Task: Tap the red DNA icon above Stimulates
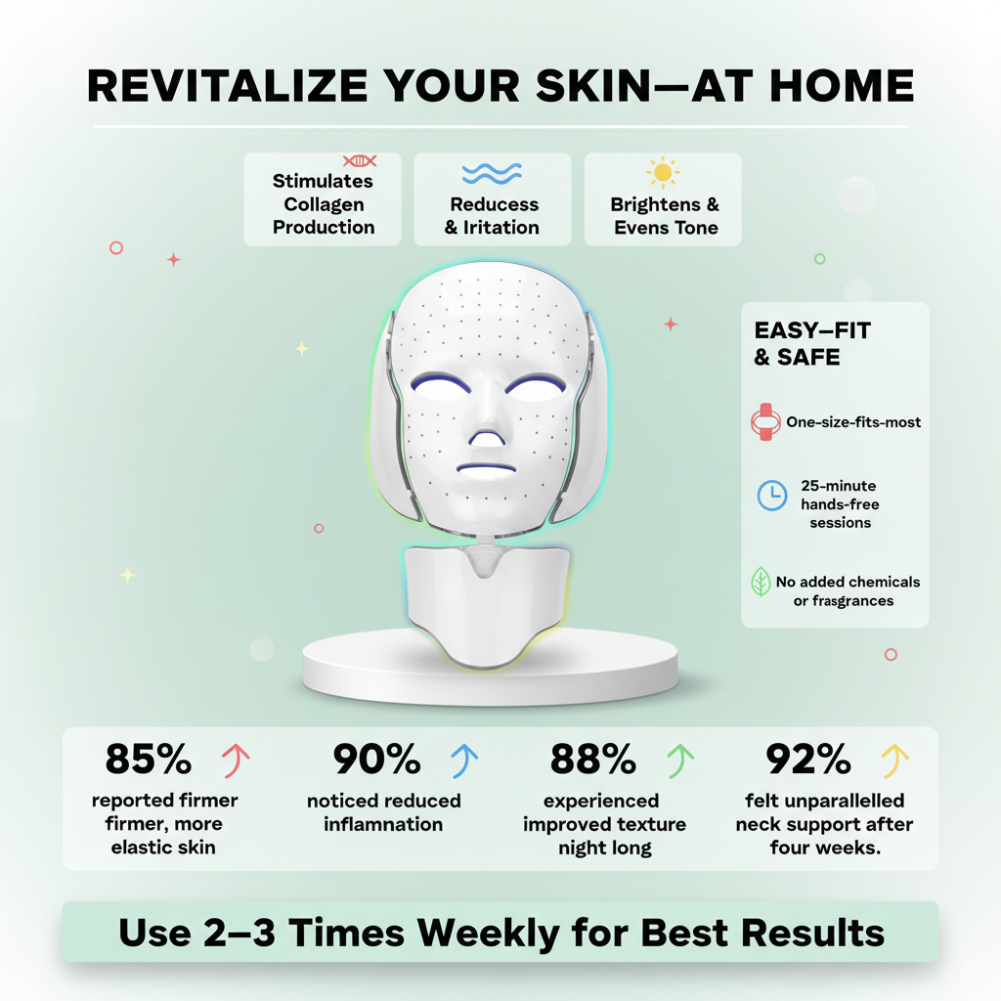coord(360,160)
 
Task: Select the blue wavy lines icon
coord(491,173)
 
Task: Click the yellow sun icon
coord(663,173)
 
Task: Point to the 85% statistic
coord(149,759)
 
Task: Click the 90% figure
coord(377,759)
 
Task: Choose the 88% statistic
coord(594,759)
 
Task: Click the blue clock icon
coord(772,496)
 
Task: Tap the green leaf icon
coord(761,582)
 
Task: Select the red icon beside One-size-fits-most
coord(765,422)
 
